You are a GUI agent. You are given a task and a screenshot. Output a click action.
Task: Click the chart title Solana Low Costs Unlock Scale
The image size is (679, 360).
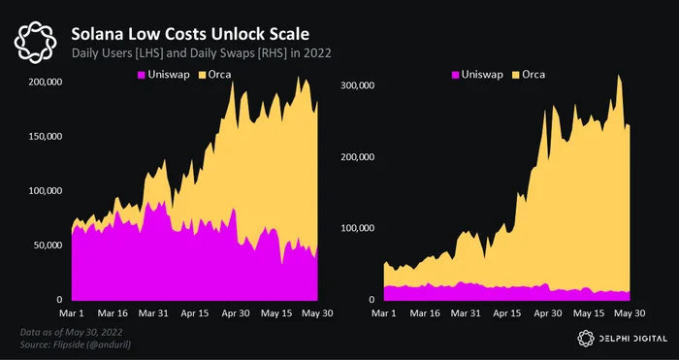tap(190, 34)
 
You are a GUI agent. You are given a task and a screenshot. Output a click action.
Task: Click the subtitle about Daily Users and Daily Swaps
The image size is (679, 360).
tap(202, 53)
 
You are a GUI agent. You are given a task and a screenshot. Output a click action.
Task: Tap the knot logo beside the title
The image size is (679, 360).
tap(35, 43)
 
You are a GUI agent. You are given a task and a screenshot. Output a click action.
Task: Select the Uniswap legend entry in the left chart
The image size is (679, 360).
tap(163, 75)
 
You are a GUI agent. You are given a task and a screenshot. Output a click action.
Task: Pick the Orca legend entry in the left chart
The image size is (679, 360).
tap(214, 75)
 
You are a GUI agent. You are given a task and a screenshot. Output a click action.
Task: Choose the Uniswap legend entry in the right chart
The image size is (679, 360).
tap(477, 75)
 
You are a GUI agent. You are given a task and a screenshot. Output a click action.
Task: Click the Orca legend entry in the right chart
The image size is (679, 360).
tap(529, 75)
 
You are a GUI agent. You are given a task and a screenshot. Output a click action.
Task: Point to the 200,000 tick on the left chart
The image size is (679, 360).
tap(45, 82)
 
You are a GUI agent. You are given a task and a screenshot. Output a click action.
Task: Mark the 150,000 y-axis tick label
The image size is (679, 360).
tap(45, 137)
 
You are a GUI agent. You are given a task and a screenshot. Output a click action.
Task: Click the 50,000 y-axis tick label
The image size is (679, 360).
tap(47, 245)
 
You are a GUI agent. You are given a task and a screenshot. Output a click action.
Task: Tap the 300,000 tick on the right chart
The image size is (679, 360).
tap(357, 85)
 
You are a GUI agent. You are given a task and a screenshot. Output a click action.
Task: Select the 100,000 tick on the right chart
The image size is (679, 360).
tap(357, 228)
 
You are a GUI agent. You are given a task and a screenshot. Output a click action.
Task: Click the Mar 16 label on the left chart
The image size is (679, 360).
tap(112, 313)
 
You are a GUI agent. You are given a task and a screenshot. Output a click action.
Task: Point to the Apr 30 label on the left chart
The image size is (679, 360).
tap(235, 313)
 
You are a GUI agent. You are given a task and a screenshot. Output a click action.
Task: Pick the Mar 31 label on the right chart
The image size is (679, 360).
tap(466, 313)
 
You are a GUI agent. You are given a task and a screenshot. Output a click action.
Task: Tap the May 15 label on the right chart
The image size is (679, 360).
tap(590, 313)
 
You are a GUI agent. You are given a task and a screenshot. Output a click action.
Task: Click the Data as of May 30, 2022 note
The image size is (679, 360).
tap(71, 333)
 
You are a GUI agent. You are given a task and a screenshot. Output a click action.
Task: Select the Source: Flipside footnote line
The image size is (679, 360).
tap(77, 344)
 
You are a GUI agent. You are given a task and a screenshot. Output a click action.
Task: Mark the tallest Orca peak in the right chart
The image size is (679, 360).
tap(619, 76)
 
